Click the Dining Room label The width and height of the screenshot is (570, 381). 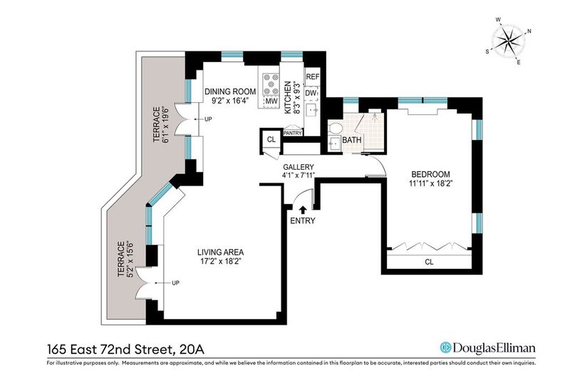click(229, 91)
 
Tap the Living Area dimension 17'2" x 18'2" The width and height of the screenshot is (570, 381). click(221, 261)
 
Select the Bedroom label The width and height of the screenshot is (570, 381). click(430, 174)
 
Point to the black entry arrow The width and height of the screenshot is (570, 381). click(303, 209)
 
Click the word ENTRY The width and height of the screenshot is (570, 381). click(303, 220)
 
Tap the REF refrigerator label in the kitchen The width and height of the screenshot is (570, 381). click(313, 77)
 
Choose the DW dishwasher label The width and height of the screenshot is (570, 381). click(311, 93)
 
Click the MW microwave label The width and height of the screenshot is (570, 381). click(271, 101)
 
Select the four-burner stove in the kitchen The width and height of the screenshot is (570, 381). click(271, 84)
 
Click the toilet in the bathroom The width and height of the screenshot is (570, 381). click(335, 128)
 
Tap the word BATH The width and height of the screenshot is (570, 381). click(352, 140)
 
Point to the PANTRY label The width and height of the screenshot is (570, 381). click(293, 133)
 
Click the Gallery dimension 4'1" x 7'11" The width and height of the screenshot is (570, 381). click(299, 175)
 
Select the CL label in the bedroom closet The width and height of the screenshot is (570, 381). click(430, 262)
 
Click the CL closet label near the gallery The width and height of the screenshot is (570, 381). click(271, 139)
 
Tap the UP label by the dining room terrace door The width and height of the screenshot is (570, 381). click(208, 119)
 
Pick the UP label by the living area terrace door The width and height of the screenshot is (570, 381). click(175, 283)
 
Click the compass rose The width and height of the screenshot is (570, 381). click(509, 41)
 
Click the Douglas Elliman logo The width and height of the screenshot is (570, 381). click(488, 347)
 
